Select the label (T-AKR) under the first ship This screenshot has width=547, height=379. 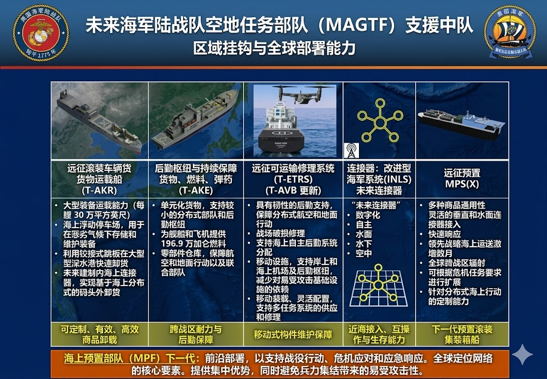click(x=96, y=190)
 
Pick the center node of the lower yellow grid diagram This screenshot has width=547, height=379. click(x=378, y=284)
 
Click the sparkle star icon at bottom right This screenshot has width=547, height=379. click(x=522, y=354)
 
